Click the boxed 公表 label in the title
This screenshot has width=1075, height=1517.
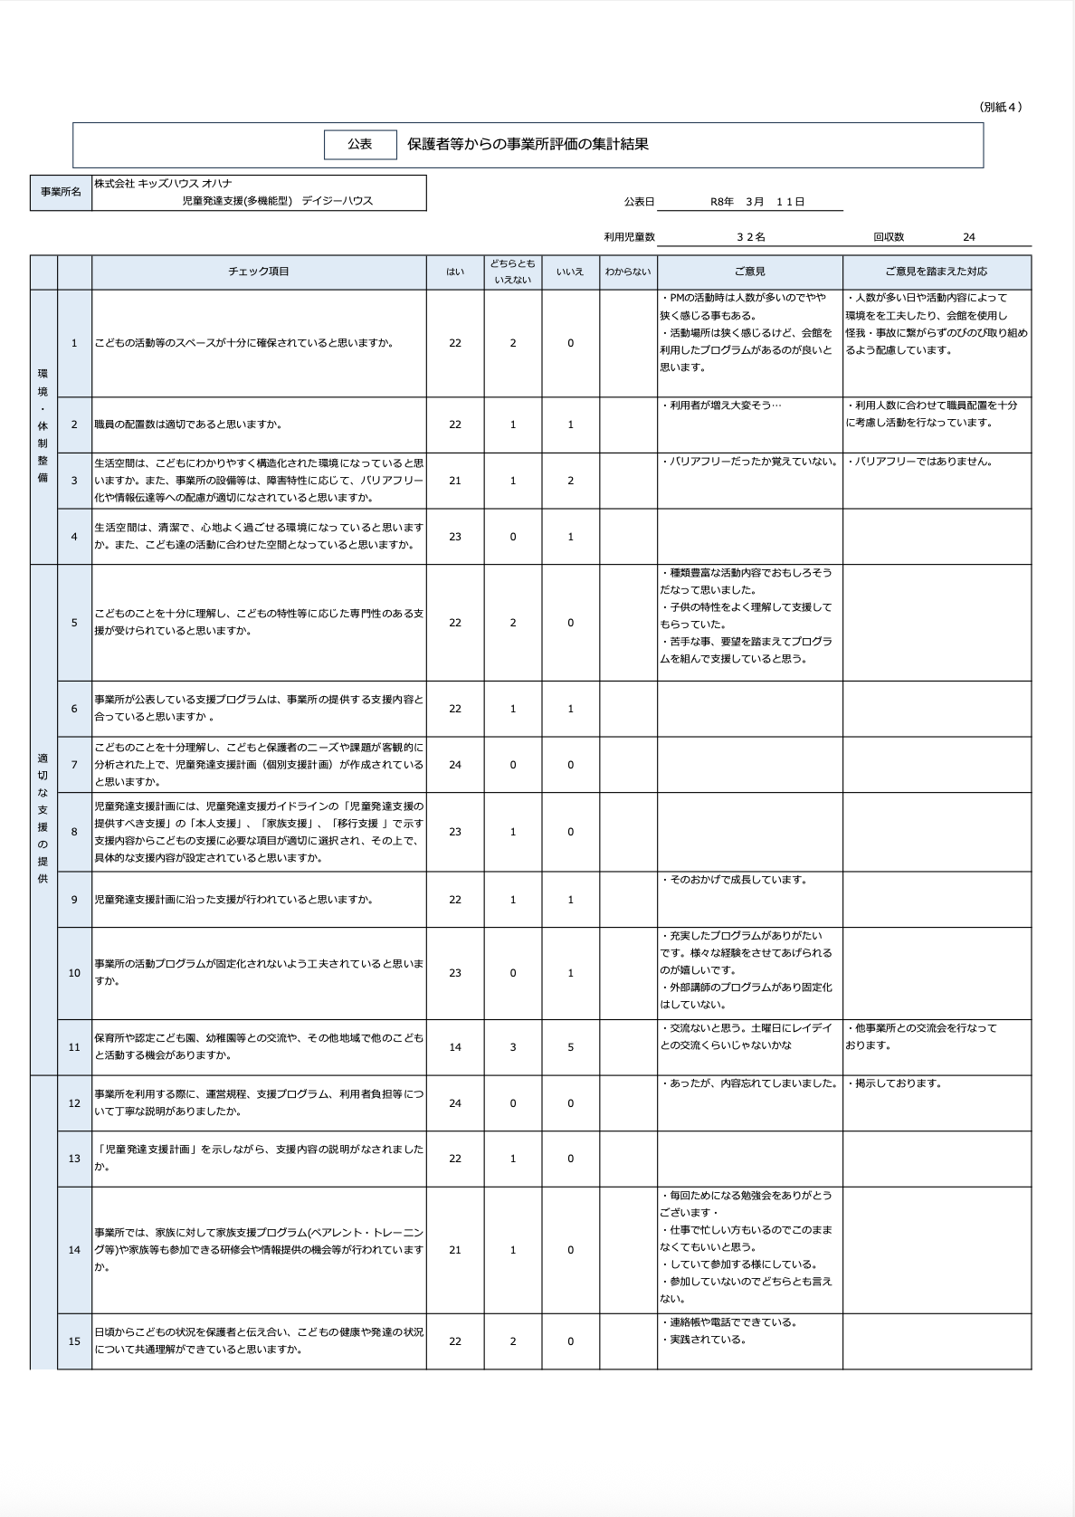point(360,145)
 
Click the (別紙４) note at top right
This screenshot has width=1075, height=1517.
point(1001,107)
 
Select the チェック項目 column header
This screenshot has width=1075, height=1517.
point(259,272)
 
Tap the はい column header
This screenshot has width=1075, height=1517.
point(455,272)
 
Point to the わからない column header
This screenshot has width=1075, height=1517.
point(628,272)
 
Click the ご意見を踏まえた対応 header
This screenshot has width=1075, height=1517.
point(937,272)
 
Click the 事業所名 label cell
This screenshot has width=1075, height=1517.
point(61,193)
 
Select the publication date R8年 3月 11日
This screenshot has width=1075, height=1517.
point(757,202)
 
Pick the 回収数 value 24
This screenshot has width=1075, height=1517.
point(968,237)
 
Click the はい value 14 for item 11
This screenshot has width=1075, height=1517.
point(455,1047)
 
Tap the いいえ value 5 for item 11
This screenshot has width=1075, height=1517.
point(570,1047)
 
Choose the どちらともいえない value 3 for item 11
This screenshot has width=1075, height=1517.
point(513,1047)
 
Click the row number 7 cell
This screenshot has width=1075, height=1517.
point(74,765)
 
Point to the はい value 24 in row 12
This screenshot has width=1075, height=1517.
point(455,1103)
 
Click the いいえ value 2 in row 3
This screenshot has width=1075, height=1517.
point(570,481)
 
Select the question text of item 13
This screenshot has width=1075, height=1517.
point(259,1158)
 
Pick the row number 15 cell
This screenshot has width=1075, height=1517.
point(74,1341)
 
